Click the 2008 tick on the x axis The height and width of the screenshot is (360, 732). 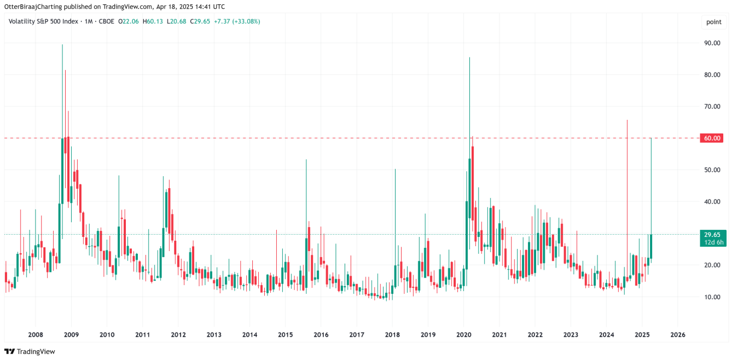[x=36, y=335]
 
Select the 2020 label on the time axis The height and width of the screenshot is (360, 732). [x=464, y=335]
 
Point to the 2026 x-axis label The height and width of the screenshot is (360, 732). [x=678, y=335]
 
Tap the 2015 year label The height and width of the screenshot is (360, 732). [x=285, y=335]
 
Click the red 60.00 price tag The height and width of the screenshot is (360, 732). [x=712, y=138]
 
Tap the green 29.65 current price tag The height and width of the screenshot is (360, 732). [x=712, y=235]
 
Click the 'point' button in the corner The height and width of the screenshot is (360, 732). [x=713, y=22]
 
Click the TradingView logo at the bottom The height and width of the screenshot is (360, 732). [x=30, y=351]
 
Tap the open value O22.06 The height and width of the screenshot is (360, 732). [x=129, y=21]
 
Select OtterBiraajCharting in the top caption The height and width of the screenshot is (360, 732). [x=35, y=7]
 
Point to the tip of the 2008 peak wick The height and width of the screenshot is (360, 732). [x=62, y=45]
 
